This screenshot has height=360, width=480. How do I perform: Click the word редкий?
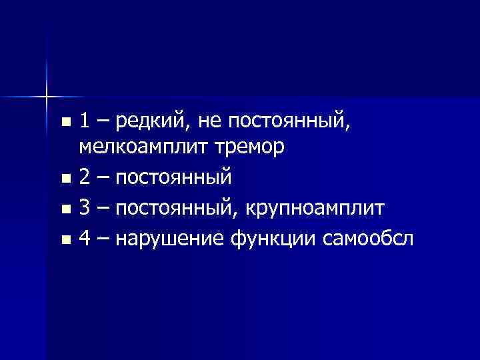147,122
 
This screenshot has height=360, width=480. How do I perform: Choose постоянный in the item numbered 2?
173,178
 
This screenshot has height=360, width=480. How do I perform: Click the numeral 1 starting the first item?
84,121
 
